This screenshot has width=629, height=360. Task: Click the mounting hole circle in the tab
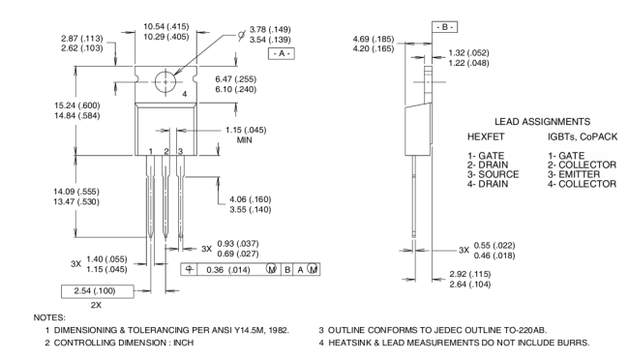point(156,82)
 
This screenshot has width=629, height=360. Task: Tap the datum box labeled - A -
point(282,53)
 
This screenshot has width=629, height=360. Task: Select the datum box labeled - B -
point(444,27)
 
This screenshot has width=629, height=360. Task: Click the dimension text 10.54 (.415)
point(166,26)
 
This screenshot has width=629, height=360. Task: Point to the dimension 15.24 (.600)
point(77,105)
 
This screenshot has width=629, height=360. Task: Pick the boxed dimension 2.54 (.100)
point(97,291)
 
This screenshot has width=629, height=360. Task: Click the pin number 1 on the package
point(150,151)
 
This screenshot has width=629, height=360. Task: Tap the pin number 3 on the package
point(181,151)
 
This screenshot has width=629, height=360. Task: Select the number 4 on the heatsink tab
point(185,94)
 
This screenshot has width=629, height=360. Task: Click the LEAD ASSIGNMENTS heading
point(542,122)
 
